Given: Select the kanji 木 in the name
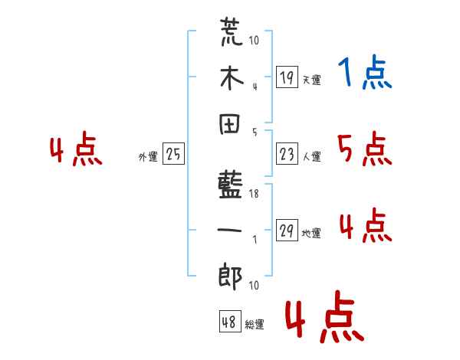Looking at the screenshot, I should point(230,79).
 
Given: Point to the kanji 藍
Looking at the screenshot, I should point(230,186).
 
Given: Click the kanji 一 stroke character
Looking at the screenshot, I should point(230,231).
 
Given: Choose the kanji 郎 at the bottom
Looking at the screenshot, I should point(230,276).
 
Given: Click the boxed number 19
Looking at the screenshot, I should point(286,77).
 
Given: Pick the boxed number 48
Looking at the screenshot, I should point(228,322).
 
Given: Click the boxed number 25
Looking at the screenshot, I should point(172,155).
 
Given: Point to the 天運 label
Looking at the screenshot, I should point(311,80).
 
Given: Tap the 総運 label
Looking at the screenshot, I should point(254,325).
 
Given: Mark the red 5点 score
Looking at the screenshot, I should point(364,149).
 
